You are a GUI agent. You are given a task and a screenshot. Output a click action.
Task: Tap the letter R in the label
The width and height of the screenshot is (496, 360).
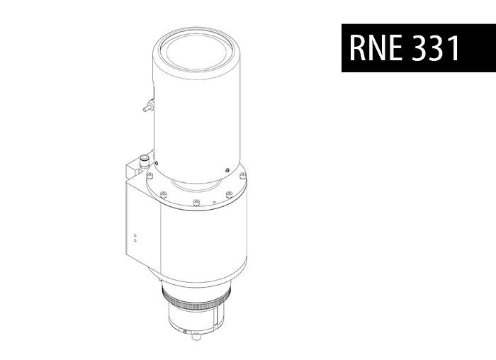[x=359, y=48]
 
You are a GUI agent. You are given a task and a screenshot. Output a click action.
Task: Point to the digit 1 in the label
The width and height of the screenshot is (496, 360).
[x=454, y=48]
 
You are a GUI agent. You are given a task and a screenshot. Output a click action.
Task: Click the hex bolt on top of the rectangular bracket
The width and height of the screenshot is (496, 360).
[x=145, y=160]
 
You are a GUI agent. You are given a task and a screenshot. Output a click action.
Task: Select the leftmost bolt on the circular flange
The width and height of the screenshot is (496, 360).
[x=150, y=176]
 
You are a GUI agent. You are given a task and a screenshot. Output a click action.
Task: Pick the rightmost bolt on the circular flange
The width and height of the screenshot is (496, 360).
[x=242, y=176]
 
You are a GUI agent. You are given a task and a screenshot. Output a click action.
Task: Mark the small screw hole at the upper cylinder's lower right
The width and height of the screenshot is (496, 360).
[x=225, y=169]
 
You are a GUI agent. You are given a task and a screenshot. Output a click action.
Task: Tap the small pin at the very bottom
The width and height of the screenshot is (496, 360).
[x=186, y=332]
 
